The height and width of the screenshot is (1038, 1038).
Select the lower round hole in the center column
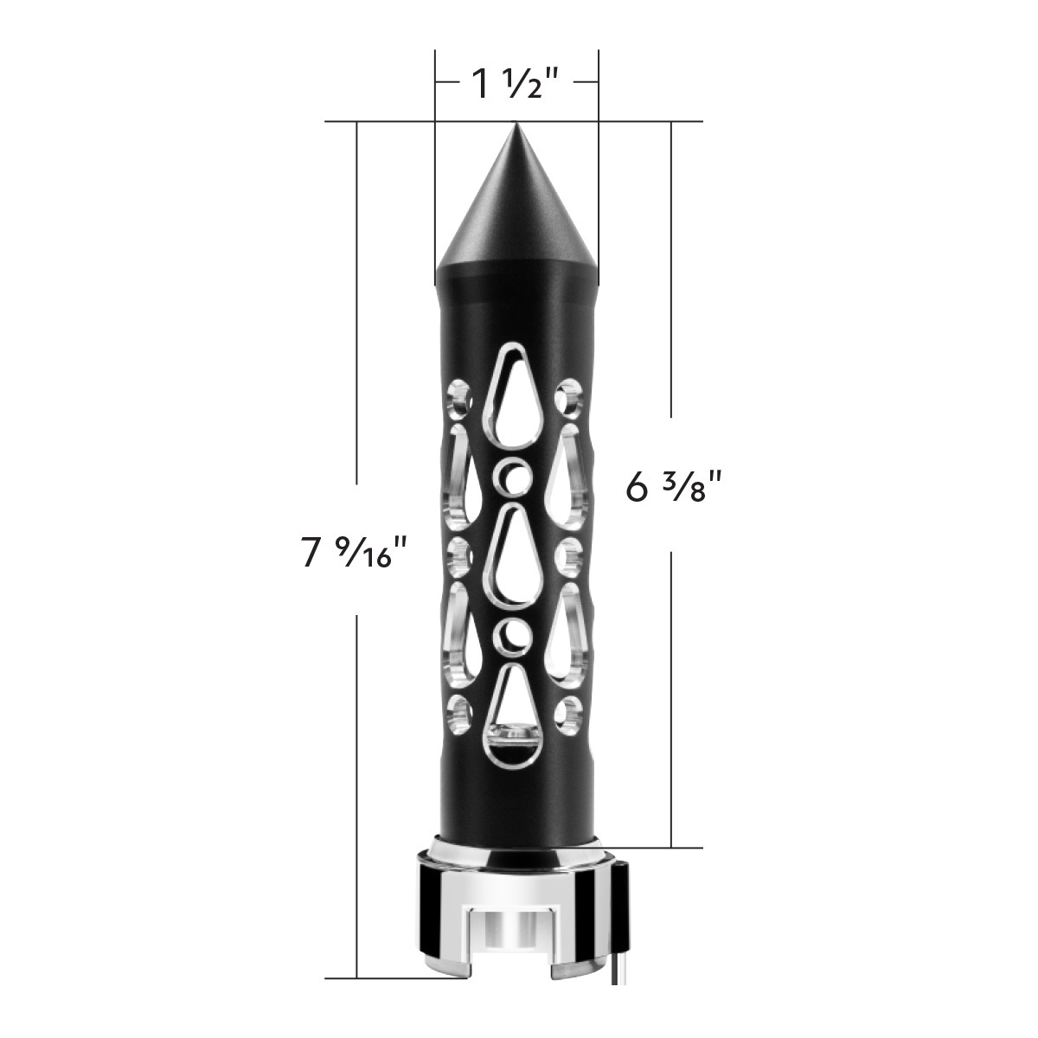click(x=516, y=636)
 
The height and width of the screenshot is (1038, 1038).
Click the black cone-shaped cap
click(x=516, y=216)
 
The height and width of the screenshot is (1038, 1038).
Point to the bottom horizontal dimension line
click(x=389, y=979)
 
